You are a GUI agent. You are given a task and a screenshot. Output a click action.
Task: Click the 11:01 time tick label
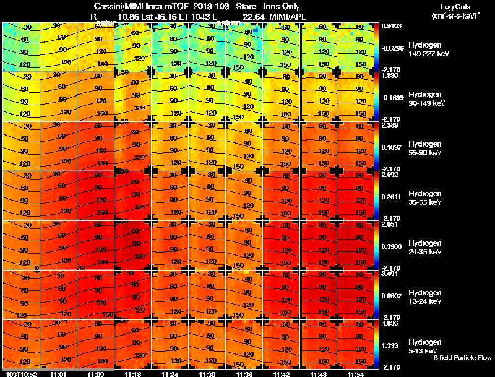(58, 374)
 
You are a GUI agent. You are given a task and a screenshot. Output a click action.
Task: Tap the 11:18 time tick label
(132, 374)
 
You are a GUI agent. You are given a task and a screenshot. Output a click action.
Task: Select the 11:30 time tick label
(207, 374)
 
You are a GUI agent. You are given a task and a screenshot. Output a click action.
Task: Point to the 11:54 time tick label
(355, 374)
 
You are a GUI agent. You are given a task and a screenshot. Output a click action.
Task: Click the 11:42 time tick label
(281, 374)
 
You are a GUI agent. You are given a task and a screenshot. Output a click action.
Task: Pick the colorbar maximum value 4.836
(389, 323)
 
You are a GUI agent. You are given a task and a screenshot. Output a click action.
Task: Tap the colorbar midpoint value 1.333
(389, 345)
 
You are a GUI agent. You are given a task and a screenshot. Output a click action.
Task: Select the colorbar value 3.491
(389, 274)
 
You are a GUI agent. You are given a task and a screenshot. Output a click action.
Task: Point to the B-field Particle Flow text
(462, 358)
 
